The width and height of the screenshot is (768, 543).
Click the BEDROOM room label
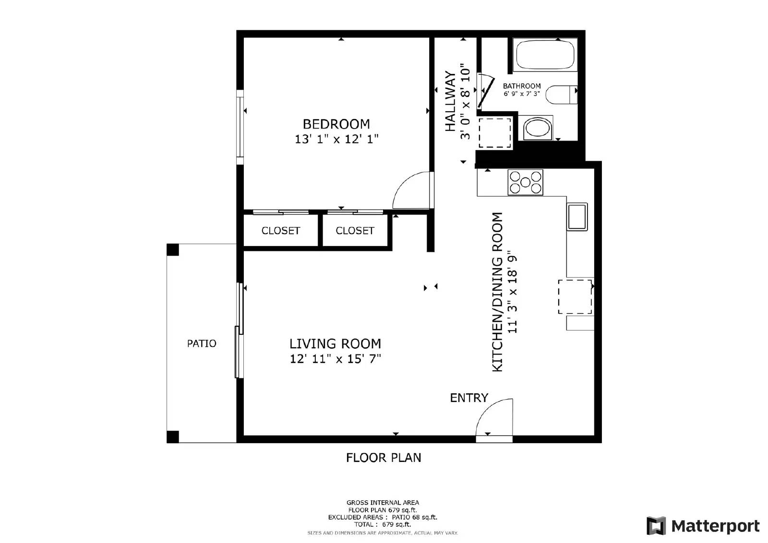pos(336,124)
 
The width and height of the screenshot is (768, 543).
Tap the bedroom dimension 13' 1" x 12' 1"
pos(336,139)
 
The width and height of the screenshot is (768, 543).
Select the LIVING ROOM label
pos(335,343)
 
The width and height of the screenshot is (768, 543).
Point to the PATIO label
pos(202,343)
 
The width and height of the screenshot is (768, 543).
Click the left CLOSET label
pos(280,231)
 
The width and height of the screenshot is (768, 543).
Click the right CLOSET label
pos(355,231)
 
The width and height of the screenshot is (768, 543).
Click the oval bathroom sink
pos(538,128)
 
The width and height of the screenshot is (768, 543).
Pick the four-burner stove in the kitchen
pos(525,182)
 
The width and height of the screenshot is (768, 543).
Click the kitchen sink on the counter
pos(577,216)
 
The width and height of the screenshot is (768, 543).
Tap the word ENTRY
pos(468,398)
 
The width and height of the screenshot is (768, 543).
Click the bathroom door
pos(486,91)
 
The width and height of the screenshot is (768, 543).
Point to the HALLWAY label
pos(450,101)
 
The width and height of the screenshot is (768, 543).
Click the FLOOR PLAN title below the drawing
pos(384,458)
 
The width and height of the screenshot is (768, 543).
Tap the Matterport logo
pos(703,526)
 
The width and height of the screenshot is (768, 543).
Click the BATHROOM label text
pos(522,86)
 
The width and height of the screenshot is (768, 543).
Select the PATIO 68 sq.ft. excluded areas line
pos(383,517)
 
